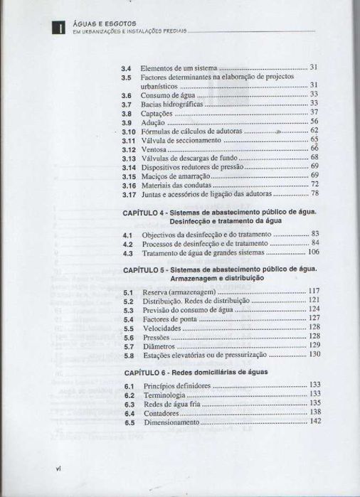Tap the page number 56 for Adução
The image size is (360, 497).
[314, 122]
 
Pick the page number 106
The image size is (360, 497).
[312, 252]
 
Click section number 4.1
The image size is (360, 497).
[128, 234]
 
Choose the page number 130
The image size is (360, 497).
[314, 354]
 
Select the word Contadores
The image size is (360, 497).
[161, 412]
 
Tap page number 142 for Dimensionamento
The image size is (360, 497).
[315, 421]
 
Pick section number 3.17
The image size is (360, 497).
[128, 193]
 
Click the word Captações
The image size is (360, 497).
[157, 112]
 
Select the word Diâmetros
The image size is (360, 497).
[159, 346]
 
